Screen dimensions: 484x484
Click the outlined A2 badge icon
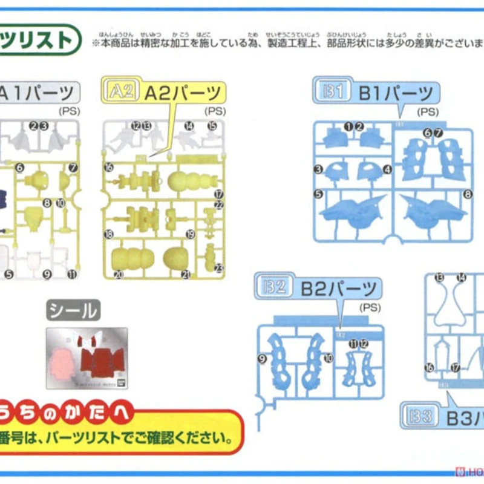click(119, 91)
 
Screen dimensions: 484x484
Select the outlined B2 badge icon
click(276, 287)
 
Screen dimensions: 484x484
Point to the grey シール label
click(73, 310)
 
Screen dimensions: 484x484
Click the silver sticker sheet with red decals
click(87, 358)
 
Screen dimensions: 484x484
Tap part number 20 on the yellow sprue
click(119, 275)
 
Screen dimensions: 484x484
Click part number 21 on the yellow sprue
click(186, 275)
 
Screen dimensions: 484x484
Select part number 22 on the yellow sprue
click(219, 204)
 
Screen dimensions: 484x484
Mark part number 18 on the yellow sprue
click(109, 234)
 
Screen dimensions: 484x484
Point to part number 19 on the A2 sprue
click(190, 234)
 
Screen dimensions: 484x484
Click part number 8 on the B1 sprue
click(468, 194)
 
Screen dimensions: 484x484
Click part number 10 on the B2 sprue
click(329, 358)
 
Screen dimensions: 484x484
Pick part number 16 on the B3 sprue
click(430, 367)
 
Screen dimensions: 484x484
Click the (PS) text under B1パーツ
click(428, 111)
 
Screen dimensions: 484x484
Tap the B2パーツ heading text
click(339, 288)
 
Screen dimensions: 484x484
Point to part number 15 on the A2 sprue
click(212, 126)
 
